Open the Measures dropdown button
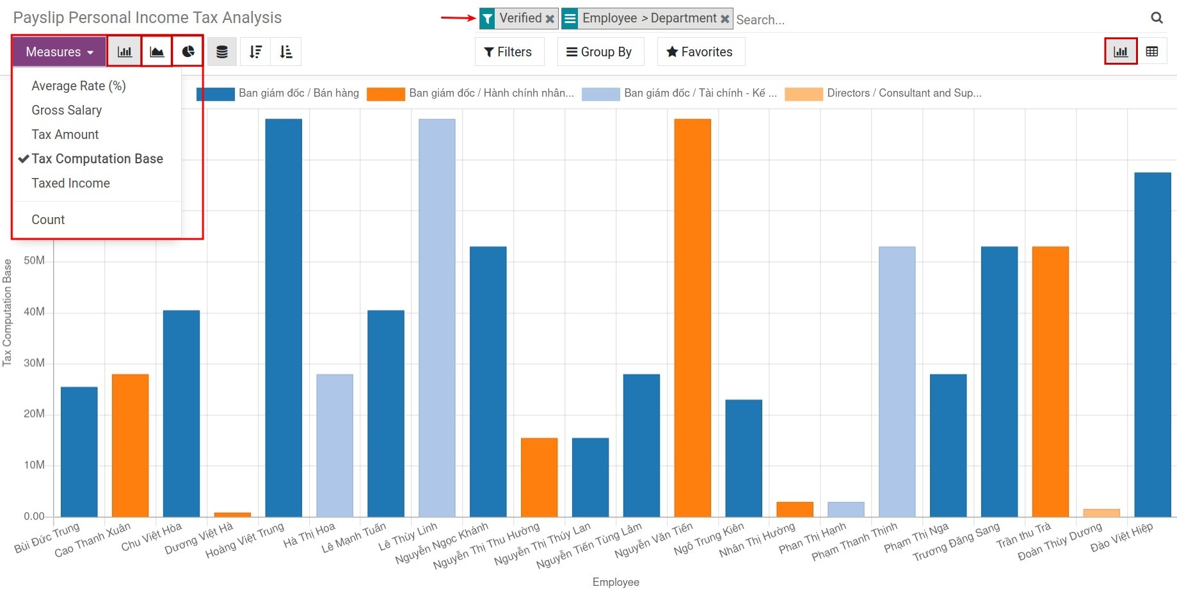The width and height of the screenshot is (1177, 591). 59,52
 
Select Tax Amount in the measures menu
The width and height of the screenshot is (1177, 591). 65,134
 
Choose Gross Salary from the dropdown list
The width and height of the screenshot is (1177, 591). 67,110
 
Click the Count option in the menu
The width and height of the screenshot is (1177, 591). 48,220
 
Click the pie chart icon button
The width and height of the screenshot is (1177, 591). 188,52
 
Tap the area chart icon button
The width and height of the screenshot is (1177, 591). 157,52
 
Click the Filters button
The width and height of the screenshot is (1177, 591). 509,52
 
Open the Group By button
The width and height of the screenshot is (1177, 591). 600,52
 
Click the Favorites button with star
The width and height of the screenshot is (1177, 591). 700,52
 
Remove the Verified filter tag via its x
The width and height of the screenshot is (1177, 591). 550,19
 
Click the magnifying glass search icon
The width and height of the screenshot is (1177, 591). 1157,18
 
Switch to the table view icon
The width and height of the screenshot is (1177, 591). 1152,52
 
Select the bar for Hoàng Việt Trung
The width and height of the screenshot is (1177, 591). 284,320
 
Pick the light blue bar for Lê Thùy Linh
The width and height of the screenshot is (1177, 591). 437,320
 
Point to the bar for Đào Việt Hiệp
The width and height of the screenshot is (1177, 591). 1153,346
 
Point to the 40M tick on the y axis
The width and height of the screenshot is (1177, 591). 34,312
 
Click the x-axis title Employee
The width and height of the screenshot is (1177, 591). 616,582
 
